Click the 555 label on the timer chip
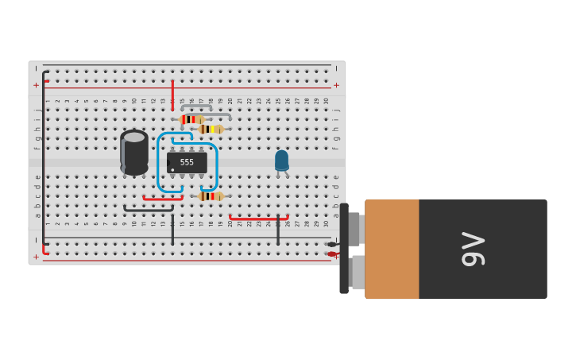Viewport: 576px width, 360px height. point(187,162)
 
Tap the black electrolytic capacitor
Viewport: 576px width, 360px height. point(134,153)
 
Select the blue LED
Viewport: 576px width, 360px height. point(281,160)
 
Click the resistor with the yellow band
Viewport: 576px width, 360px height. point(211,129)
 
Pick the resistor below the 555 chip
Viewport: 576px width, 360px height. point(211,195)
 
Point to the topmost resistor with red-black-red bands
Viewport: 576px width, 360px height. point(191,119)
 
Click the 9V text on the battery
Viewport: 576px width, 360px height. point(474,249)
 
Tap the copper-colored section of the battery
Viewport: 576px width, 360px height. point(392,249)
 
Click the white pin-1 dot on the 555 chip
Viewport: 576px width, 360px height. point(172,170)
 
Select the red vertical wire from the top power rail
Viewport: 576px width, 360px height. point(172,94)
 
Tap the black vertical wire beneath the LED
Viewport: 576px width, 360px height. point(278,230)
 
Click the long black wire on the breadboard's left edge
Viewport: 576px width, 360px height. point(44,159)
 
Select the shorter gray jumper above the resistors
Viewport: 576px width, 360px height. point(196,106)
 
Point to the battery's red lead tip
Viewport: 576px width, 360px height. point(331,254)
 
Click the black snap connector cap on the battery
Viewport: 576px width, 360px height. point(344,249)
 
